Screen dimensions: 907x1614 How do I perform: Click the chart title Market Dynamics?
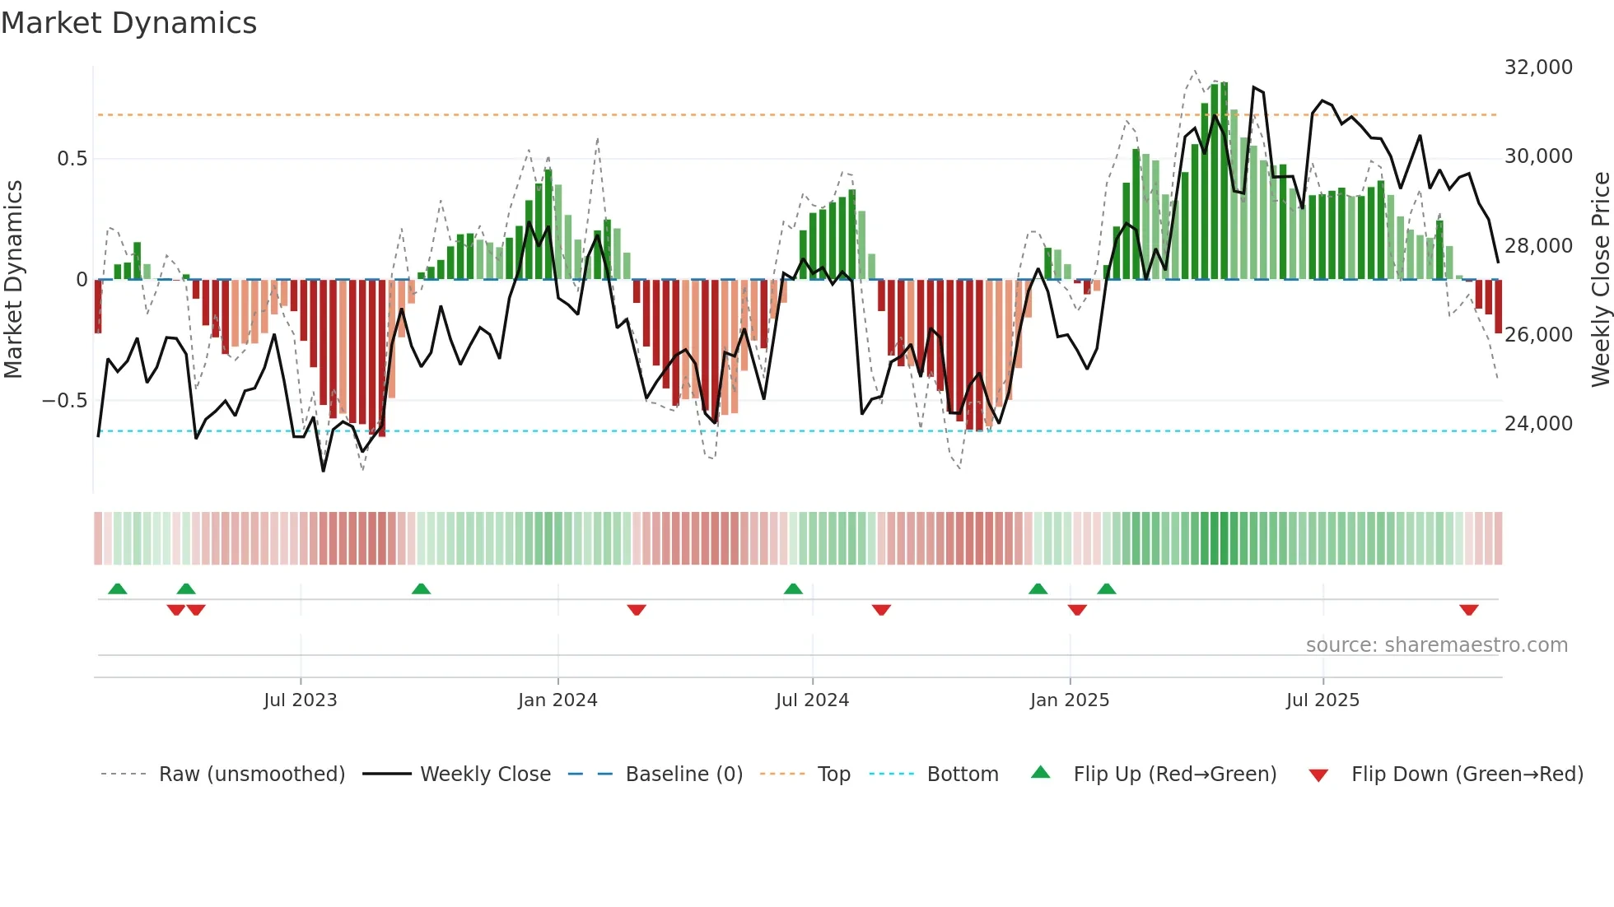click(x=128, y=23)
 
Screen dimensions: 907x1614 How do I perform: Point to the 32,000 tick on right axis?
click(x=1538, y=67)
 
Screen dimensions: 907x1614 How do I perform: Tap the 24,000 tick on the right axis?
click(x=1538, y=424)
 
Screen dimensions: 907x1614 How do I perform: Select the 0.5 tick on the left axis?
click(x=72, y=159)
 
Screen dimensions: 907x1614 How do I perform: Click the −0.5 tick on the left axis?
click(x=65, y=401)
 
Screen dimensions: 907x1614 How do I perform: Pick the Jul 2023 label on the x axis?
click(x=301, y=700)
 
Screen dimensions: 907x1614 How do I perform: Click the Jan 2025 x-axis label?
click(x=1070, y=700)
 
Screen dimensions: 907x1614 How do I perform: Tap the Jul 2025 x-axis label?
click(x=1322, y=700)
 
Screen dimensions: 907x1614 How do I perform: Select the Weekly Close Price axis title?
click(x=1600, y=280)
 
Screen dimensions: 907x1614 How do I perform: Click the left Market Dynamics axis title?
click(x=13, y=280)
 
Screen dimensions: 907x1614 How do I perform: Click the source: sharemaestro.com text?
click(x=1436, y=645)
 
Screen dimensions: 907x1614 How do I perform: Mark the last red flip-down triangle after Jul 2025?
click(x=1468, y=610)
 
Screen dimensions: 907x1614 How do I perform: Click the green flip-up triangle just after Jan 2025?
click(x=1106, y=589)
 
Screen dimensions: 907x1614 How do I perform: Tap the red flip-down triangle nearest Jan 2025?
click(x=1077, y=610)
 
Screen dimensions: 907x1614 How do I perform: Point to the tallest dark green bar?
click(x=1224, y=181)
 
